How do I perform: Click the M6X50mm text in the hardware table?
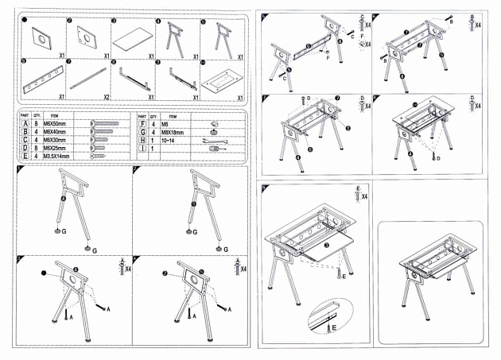54,124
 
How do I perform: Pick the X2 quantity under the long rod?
107,96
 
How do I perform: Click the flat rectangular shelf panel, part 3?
130,37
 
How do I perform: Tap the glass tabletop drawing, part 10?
216,81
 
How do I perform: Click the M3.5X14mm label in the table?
56,157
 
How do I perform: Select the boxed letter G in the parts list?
142,132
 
